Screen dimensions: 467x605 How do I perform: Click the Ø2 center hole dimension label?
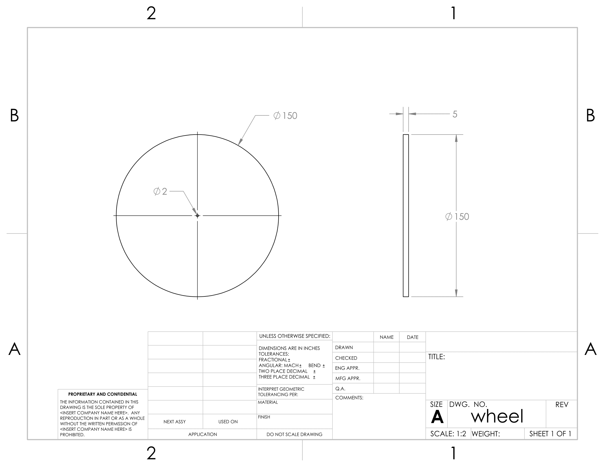[160, 191]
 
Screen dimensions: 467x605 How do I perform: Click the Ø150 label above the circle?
[285, 116]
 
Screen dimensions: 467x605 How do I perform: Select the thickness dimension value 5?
[455, 114]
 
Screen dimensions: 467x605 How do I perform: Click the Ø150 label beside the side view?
[457, 217]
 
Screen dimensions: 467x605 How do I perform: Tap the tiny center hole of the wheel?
[197, 216]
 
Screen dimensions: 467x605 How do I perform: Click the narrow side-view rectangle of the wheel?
[406, 216]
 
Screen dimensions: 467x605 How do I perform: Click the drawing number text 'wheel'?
[497, 416]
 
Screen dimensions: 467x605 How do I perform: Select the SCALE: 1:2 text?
[448, 434]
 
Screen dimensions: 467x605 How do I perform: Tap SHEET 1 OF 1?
[550, 434]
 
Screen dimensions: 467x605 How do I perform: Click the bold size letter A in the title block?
[437, 417]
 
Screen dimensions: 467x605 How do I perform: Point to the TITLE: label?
[437, 357]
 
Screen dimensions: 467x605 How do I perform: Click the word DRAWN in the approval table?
[344, 348]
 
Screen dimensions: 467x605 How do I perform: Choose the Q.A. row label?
[340, 389]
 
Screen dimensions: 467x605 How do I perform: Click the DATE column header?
[413, 337]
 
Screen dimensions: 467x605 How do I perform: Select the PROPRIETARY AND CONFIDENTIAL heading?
[103, 394]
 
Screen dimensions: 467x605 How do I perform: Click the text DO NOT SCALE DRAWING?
[295, 434]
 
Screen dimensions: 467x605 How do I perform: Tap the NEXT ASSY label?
[175, 422]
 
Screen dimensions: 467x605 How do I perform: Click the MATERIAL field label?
[268, 402]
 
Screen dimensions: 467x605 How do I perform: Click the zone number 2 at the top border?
[151, 13]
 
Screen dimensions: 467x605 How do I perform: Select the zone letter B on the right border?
[590, 116]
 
